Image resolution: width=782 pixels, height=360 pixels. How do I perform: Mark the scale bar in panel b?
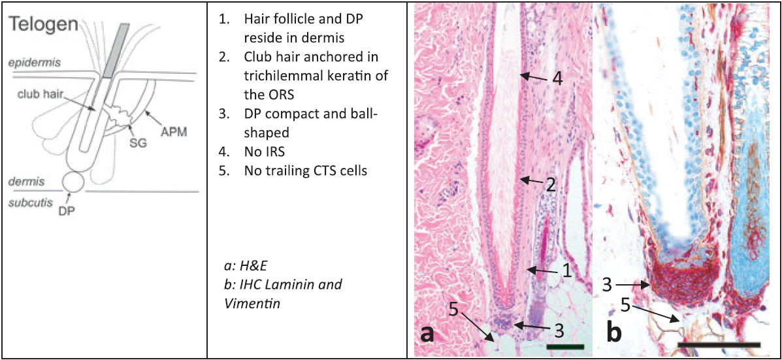(x=718, y=343)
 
